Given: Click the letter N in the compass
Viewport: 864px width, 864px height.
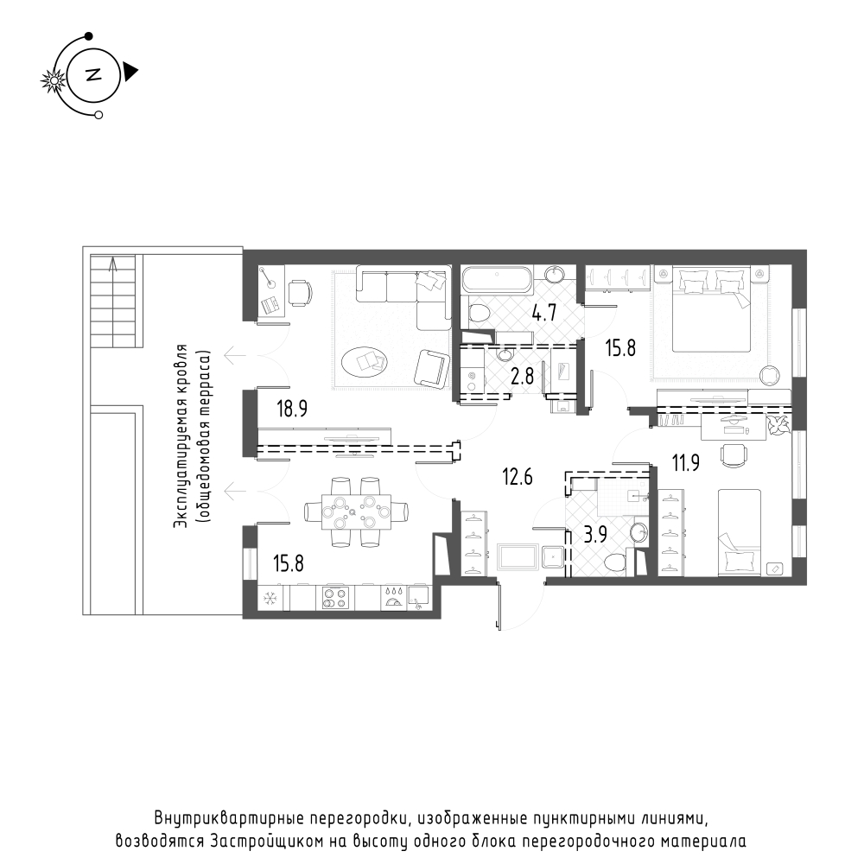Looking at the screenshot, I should tap(92, 74).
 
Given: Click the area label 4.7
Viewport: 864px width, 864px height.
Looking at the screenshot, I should tap(543, 313).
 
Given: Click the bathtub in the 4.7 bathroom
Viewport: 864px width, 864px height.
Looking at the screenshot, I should tap(497, 280).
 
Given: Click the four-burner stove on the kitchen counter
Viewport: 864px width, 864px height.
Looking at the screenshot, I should tap(334, 597).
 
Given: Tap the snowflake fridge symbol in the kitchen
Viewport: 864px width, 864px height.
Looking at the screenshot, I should tap(269, 598).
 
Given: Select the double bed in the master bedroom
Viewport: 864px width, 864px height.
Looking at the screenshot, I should tap(713, 311).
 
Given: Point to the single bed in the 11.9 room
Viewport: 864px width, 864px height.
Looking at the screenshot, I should tap(739, 531).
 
